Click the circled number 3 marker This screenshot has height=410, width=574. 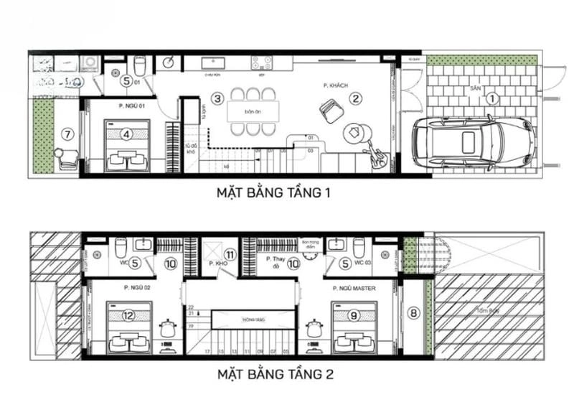[x=217, y=98]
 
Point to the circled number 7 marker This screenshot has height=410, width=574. [x=68, y=134]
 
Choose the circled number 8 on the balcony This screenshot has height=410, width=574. [x=413, y=312]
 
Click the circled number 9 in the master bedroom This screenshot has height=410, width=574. [x=353, y=314]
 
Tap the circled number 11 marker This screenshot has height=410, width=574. [x=230, y=255]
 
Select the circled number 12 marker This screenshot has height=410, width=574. [x=128, y=314]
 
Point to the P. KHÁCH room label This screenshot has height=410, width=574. [x=335, y=85]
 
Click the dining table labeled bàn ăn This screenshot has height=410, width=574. [x=250, y=112]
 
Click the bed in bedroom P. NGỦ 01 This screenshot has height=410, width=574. [x=128, y=146]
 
